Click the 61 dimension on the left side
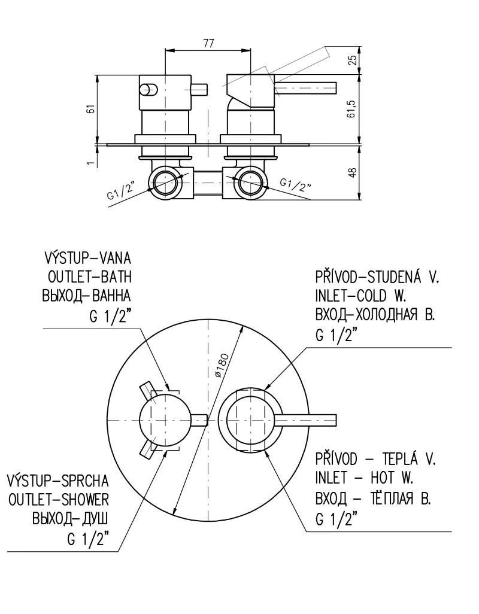[90, 110]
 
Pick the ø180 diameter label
[222, 364]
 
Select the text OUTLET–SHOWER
[58, 500]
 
